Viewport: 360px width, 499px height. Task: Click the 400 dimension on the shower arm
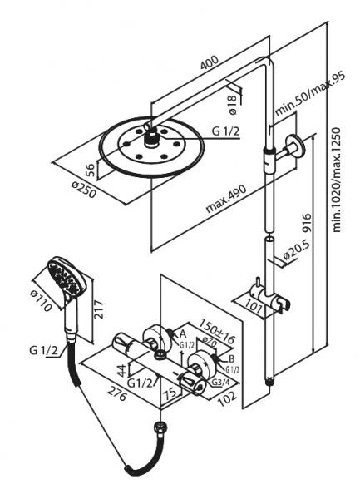pos(210,62)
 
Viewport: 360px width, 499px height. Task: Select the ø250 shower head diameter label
pos(83,189)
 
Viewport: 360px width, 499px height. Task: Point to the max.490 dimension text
pos(226,199)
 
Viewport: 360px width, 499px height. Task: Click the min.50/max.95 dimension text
pos(309,95)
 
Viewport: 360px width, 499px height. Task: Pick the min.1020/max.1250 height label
pos(336,180)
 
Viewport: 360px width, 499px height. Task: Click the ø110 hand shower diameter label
pos(41,301)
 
